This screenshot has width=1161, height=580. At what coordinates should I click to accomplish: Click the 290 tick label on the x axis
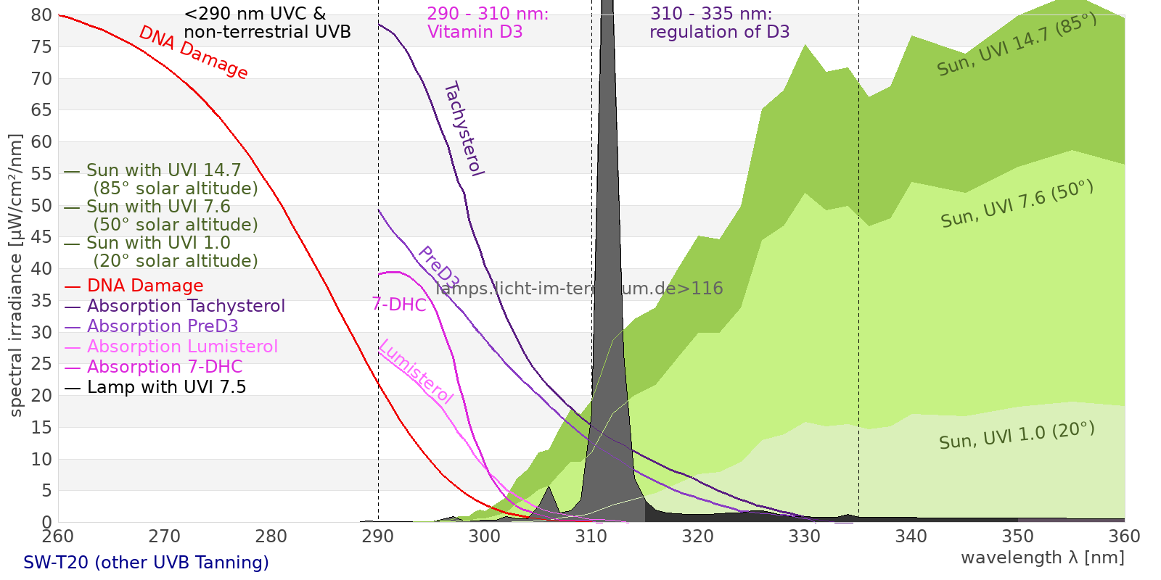pos(377,536)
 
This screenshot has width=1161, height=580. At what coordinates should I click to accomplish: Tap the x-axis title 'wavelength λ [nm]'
pos(1042,558)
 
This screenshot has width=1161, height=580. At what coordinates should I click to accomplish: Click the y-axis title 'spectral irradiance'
pos(16,275)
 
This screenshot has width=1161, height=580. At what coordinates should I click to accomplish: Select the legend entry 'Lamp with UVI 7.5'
pos(166,387)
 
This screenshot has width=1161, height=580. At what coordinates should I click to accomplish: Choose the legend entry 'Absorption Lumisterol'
pos(182,347)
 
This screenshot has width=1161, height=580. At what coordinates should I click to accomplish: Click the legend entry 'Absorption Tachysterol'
pos(186,306)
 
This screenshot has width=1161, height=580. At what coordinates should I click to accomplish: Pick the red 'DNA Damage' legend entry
pos(145,286)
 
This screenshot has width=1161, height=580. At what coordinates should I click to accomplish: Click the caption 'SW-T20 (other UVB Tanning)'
pos(146,563)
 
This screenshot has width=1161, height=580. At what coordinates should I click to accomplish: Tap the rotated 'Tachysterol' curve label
pos(463,129)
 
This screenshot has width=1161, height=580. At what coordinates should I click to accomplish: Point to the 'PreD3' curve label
pos(438,268)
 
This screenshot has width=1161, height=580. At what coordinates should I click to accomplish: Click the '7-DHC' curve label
pos(399,304)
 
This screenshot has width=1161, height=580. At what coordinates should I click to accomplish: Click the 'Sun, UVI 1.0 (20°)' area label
pos(1016,436)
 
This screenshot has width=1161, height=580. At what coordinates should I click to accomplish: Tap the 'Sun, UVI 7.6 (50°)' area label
pos(1017,204)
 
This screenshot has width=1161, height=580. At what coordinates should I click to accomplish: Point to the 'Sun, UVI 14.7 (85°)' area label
pos(1017,45)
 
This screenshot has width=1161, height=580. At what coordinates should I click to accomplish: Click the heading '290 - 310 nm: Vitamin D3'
pos(488,23)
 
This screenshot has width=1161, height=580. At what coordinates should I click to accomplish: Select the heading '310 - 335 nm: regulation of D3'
pos(719,23)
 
